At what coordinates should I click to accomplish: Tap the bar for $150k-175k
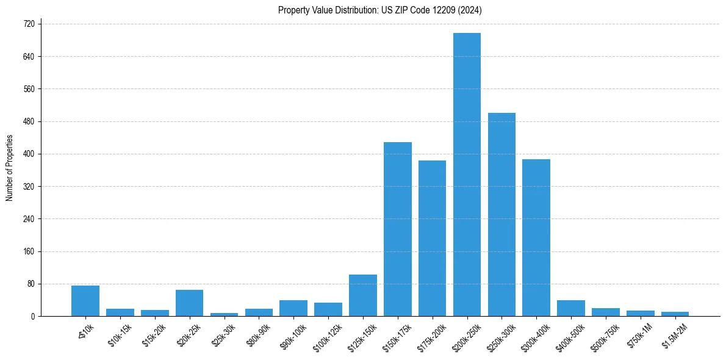click(x=397, y=229)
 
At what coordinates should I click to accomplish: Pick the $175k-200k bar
click(x=432, y=239)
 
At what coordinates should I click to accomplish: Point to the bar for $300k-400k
click(x=536, y=238)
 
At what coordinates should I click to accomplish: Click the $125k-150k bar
click(x=362, y=295)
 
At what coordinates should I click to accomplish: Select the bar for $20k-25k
click(x=189, y=303)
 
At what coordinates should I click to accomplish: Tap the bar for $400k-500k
click(x=571, y=308)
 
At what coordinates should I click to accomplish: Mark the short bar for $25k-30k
click(x=224, y=314)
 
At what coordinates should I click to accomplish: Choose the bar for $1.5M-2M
click(x=675, y=314)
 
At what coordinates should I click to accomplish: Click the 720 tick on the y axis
click(x=29, y=24)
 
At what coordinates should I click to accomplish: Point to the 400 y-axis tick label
click(x=29, y=154)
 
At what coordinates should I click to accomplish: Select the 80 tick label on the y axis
click(x=31, y=284)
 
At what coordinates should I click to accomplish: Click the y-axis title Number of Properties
click(x=10, y=168)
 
